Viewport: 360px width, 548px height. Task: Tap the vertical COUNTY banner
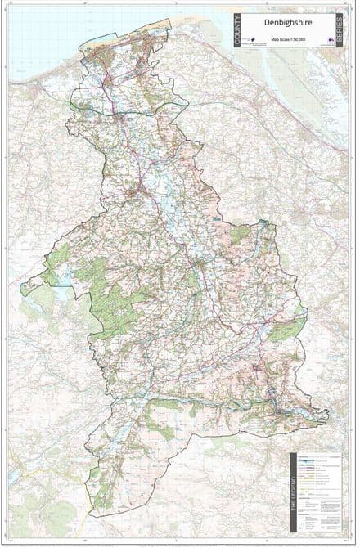pos(238,29)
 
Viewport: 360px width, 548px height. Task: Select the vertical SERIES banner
pos(340,29)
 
